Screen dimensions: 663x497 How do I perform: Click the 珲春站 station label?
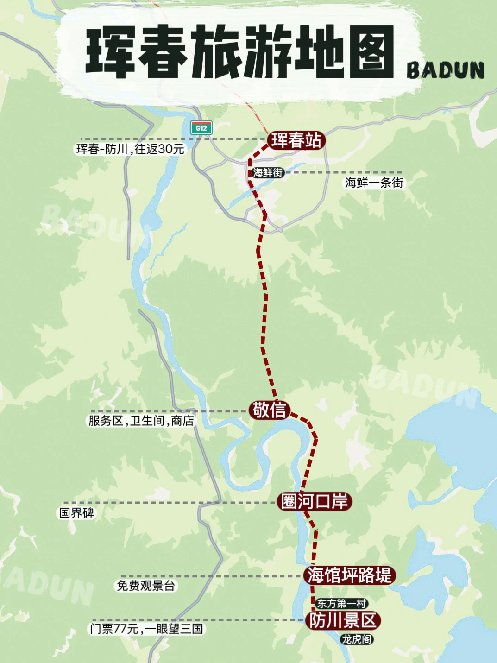coord(296,140)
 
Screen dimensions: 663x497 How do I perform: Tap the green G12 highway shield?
coord(201,128)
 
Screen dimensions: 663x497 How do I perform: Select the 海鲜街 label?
coord(268,173)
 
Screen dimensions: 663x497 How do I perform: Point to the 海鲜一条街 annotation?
coord(374,183)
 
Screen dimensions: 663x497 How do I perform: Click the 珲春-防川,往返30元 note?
coord(130,149)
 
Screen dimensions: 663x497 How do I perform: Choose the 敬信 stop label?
coord(269,410)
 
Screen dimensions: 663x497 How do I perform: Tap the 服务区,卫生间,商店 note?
coord(141,421)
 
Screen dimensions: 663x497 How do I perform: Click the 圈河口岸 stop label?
coord(315,502)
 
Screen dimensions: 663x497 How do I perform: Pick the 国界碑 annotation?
coord(77,513)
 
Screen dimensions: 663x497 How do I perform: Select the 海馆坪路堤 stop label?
coord(350,575)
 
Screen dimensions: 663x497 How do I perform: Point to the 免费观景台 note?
coord(145,586)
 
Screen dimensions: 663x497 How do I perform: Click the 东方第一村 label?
coord(342,603)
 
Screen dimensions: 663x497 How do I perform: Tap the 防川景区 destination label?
coord(343,620)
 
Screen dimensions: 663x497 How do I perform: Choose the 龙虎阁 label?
coord(357,639)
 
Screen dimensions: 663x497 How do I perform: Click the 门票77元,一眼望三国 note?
coord(146,629)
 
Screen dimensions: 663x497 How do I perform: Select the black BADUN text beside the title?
coord(446,71)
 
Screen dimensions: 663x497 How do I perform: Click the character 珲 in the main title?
coord(110,52)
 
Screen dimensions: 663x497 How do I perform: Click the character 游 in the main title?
coord(266,52)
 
